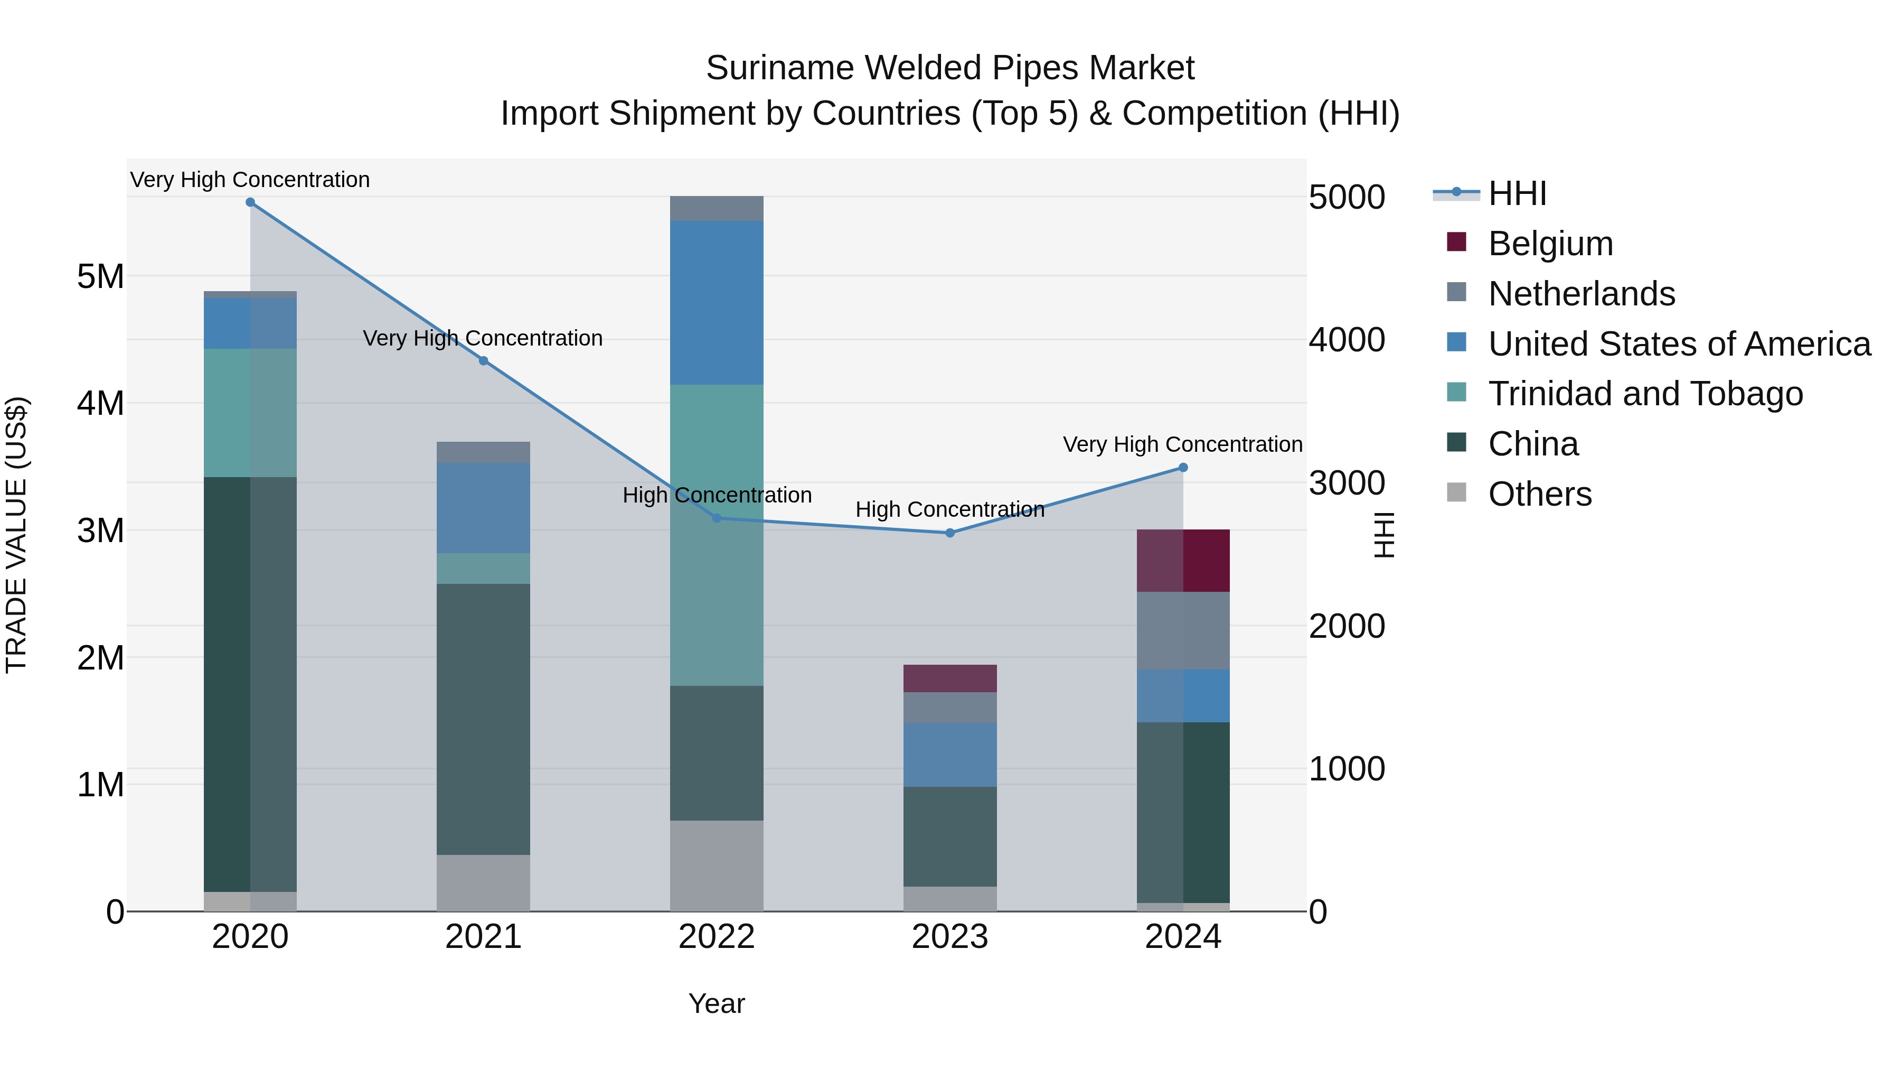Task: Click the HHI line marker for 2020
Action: point(250,202)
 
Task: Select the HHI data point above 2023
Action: point(950,533)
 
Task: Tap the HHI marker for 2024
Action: point(1183,468)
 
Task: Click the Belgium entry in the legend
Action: point(1550,244)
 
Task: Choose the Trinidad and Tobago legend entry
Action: point(1645,394)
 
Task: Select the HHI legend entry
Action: point(1517,193)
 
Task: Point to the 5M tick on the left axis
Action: point(101,277)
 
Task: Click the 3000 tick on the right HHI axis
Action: point(1347,483)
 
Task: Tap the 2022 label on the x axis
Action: point(717,937)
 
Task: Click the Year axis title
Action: point(717,1003)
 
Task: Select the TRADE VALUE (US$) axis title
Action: point(16,535)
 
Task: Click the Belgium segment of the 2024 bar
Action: point(1183,561)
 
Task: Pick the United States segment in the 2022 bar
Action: point(717,303)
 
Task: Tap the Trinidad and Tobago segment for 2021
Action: point(483,569)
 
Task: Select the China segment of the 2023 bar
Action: point(950,836)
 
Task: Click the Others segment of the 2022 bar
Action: point(717,866)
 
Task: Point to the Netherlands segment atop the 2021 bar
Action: point(483,452)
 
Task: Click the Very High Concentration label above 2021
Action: point(483,338)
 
